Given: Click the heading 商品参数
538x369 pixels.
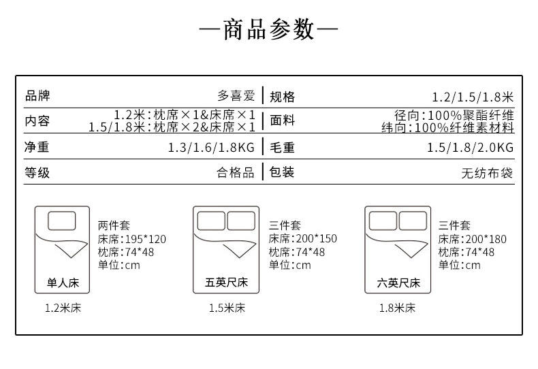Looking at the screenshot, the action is [x=269, y=30].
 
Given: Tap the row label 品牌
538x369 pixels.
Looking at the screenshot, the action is [x=37, y=96].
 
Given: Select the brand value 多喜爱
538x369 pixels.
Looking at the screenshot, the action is [x=236, y=96].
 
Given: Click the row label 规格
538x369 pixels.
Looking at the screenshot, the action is [x=283, y=97].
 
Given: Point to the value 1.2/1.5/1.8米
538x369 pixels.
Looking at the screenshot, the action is [x=473, y=97].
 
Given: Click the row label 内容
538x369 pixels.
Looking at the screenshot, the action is [x=37, y=121].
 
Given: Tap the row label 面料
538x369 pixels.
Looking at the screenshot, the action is [x=283, y=121].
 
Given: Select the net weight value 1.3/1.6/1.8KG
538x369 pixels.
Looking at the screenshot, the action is [x=211, y=147].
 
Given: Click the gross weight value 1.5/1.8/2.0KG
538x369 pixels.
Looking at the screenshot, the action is [x=470, y=147].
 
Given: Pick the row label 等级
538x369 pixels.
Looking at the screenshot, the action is [x=37, y=172].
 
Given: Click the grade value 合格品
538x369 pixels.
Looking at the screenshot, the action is [x=236, y=172].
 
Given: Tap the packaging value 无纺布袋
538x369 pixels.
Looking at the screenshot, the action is [x=488, y=173].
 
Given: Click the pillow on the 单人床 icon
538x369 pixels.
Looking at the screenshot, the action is [x=62, y=221].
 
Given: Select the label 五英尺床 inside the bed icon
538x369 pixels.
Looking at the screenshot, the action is [x=226, y=282].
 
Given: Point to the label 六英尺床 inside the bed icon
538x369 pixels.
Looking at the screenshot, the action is [x=398, y=282].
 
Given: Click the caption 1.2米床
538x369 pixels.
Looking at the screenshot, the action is [x=63, y=308].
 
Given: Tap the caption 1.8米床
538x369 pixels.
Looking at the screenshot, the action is [x=397, y=308].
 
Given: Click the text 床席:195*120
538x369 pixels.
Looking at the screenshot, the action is [x=131, y=239].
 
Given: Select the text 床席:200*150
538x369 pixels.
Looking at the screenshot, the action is [x=302, y=239].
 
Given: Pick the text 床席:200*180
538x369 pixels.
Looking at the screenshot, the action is [x=473, y=239].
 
